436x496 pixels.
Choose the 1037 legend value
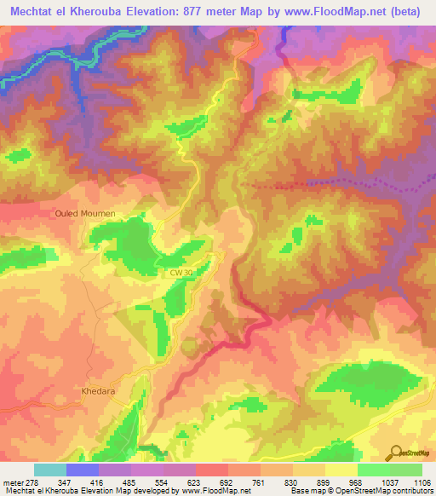click(373, 482)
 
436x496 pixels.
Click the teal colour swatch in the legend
click(50, 470)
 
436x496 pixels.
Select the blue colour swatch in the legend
click(83, 470)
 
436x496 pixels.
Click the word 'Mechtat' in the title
click(33, 10)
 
